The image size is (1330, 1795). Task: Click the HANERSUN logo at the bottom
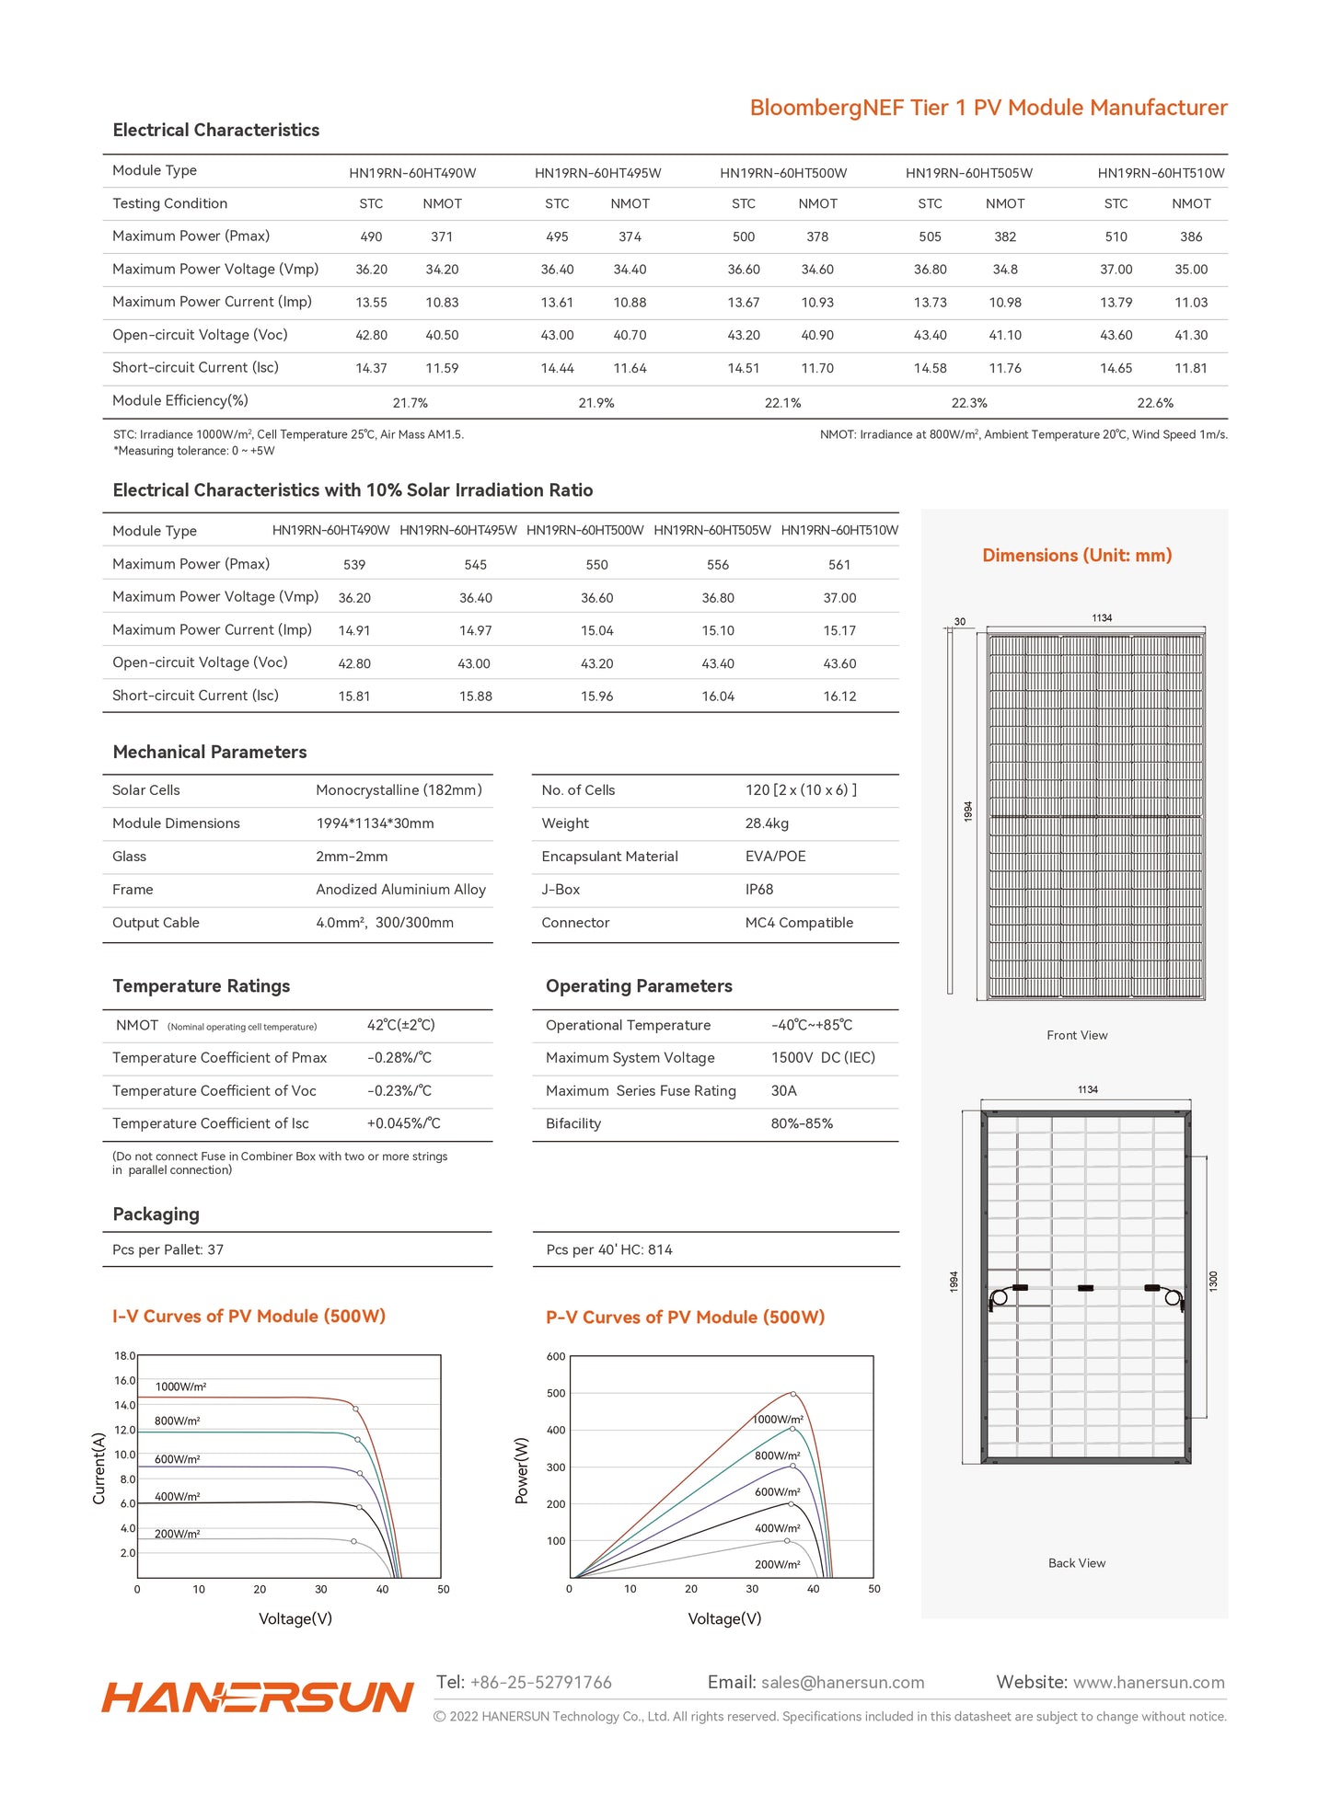258,1697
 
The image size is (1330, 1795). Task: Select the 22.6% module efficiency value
1155,403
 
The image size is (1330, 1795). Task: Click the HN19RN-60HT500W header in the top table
783,173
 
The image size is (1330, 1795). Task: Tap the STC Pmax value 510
1116,236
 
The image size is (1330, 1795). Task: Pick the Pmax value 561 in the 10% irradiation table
839,565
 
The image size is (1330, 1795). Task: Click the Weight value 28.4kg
767,823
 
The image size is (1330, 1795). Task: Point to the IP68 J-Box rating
759,890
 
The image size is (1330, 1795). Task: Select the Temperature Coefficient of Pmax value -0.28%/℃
399,1058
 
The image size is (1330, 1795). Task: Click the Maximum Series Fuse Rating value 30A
784,1091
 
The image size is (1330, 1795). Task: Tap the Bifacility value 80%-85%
802,1124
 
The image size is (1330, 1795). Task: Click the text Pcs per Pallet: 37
168,1249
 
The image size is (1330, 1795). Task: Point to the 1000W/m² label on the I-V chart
180,1387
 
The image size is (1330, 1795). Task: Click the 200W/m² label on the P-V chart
778,1564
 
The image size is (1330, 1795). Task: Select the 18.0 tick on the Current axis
124,1356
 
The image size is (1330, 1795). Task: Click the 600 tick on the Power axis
556,1357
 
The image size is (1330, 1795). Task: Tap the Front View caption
1077,1036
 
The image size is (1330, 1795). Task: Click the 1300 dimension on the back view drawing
1213,1280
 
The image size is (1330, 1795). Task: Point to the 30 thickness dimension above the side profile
960,622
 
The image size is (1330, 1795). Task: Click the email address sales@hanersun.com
842,1683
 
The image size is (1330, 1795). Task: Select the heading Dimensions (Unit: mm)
1077,556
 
